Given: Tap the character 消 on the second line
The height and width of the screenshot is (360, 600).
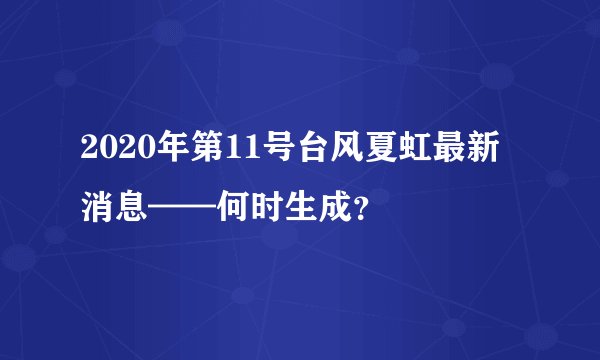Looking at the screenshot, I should point(99,209).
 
